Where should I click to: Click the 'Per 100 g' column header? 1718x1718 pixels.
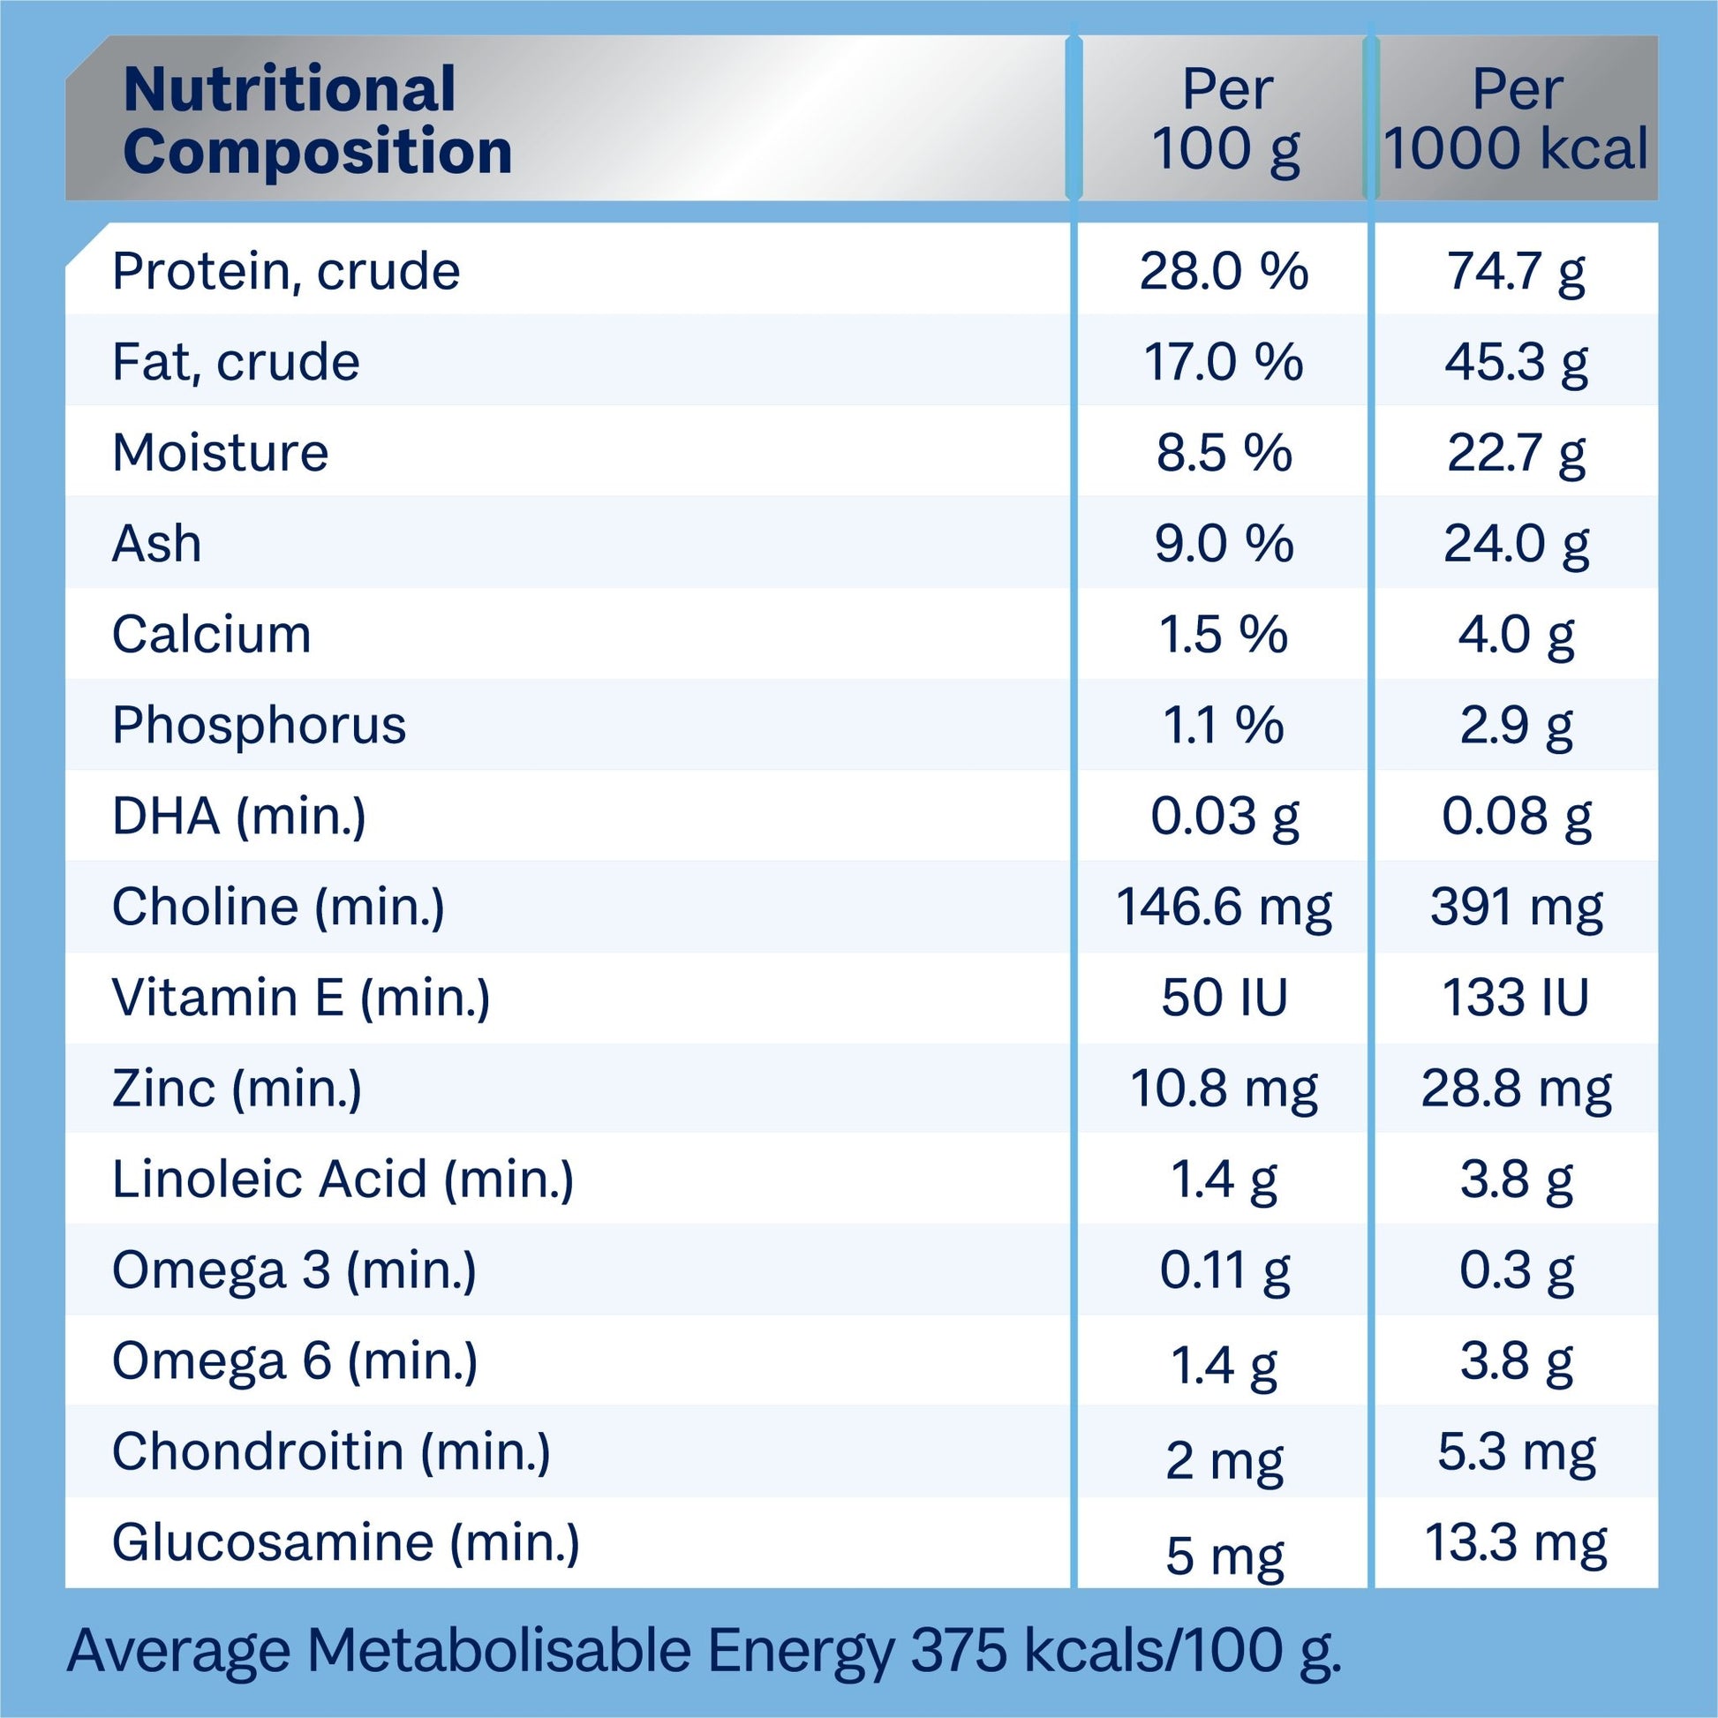pos(1224,118)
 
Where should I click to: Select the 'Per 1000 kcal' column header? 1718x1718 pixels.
pos(1516,118)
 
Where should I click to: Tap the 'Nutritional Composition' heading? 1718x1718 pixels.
pos(318,120)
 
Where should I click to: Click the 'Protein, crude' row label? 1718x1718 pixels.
pos(285,271)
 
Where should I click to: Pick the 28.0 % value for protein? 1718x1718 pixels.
pos(1224,271)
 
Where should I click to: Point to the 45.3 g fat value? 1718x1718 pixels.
pos(1516,363)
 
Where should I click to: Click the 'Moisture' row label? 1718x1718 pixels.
pos(220,453)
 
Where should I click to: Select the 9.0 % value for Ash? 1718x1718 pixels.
pos(1224,544)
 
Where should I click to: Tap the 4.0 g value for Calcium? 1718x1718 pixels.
pos(1516,635)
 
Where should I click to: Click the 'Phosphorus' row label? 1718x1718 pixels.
pos(259,726)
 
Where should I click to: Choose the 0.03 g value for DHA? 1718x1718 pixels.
pos(1224,817)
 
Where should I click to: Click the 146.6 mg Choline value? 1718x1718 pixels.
pos(1224,908)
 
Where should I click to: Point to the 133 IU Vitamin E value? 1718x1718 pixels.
pos(1516,998)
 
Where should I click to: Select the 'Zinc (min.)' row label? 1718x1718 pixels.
pos(237,1089)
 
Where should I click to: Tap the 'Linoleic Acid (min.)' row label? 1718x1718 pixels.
pos(343,1180)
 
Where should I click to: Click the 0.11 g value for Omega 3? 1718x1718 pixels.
pos(1224,1270)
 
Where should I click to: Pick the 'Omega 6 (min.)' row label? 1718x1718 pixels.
pos(294,1361)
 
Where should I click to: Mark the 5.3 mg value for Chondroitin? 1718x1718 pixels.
pos(1516,1453)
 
